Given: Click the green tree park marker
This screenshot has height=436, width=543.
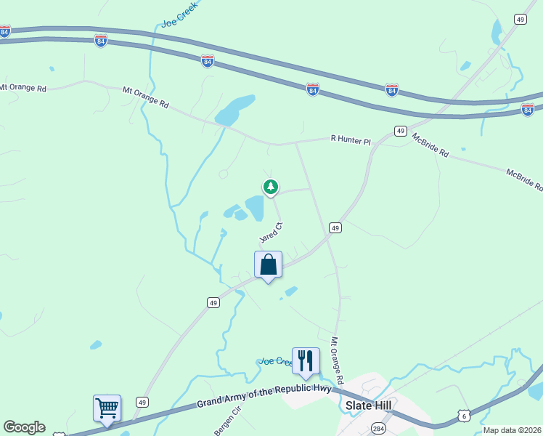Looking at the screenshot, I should pos(271,187).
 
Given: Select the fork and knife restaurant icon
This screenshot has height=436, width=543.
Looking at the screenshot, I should pos(306,360).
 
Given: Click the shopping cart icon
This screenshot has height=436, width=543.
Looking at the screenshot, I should pos(107,408).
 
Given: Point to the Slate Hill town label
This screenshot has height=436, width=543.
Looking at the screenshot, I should pos(368,407).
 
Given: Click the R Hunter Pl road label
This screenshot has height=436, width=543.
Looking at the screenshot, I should pos(351,139).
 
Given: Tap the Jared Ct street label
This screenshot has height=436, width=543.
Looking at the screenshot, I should pos(270,233).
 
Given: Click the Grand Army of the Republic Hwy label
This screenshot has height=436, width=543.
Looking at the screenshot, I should pos(264,396).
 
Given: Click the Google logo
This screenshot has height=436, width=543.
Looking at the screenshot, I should pos(24,427).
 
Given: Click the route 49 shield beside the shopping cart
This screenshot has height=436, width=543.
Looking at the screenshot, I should pos(142,402).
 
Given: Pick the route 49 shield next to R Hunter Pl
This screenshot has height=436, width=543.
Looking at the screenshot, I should pos(400,131).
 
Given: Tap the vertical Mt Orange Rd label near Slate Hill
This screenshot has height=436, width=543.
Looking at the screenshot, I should pos(336,360).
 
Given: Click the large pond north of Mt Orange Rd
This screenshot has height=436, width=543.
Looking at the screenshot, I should pos(234,110).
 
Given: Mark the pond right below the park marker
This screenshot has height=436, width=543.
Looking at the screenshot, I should pos(255,209).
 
